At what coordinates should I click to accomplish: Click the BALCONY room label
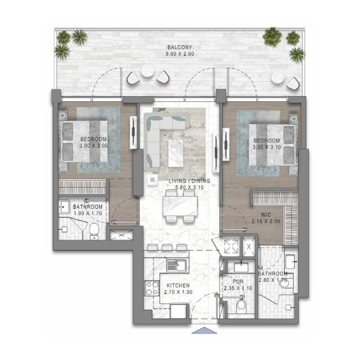click(180, 47)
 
